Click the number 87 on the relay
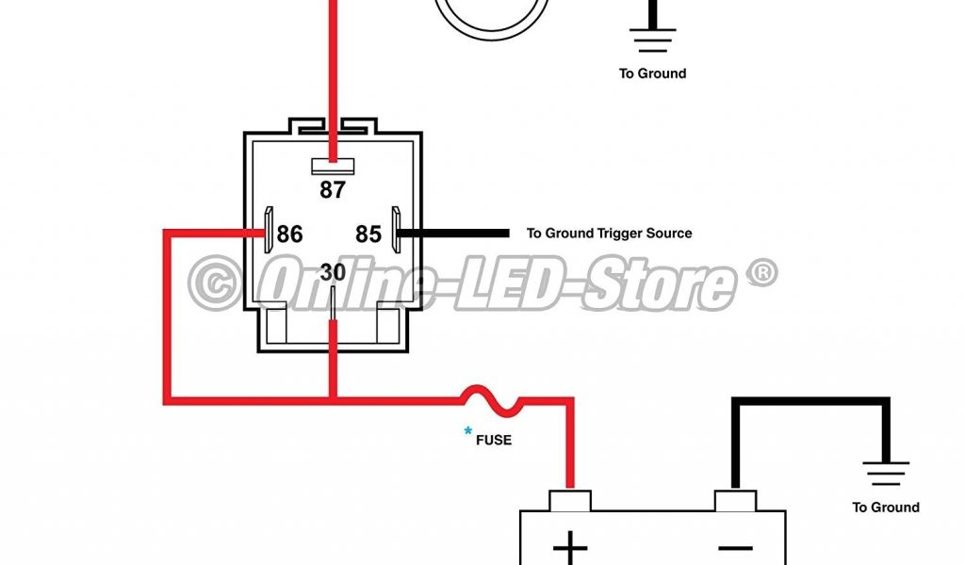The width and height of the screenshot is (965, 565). (x=333, y=189)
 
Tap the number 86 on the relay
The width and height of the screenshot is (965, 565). (x=289, y=234)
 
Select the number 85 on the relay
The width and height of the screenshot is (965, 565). (x=368, y=234)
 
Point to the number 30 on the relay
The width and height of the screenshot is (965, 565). (x=333, y=272)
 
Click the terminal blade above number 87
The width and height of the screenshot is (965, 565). (x=333, y=166)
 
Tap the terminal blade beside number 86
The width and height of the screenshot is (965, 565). (x=270, y=231)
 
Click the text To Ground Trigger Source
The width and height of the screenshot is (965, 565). (x=609, y=234)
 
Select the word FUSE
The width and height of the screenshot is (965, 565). (x=494, y=439)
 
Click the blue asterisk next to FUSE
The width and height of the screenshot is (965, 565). (x=467, y=432)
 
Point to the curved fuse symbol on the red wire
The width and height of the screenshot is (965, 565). (x=491, y=401)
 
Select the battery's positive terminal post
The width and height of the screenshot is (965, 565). (x=569, y=500)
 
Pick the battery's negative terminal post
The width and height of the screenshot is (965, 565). (x=735, y=500)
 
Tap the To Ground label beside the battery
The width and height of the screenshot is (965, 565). (x=886, y=508)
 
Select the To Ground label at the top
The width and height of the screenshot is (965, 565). (x=652, y=73)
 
